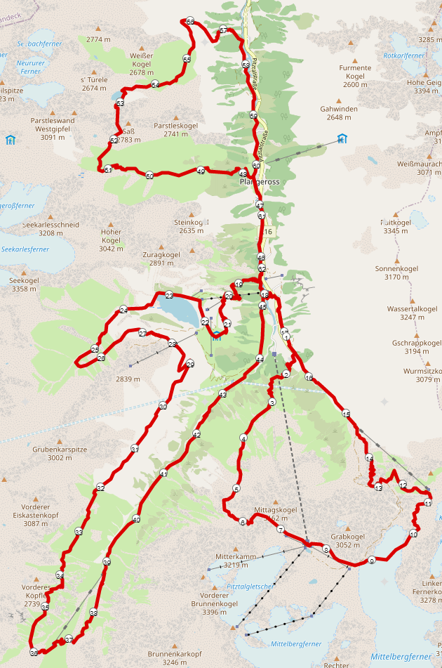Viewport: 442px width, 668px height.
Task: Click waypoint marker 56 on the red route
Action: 190,22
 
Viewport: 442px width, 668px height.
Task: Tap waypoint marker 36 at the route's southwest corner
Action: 34,653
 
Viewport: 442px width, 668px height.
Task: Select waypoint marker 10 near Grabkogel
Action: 413,535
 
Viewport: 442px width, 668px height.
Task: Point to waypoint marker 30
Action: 162,406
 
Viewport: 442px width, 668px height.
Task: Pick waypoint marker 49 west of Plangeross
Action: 201,171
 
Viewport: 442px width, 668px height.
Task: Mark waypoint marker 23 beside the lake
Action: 169,296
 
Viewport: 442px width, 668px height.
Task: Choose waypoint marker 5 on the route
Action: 236,489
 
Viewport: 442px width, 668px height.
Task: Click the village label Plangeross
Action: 259,182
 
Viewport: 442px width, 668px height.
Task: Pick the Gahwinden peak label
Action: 339,109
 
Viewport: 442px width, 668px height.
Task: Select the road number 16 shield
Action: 268,232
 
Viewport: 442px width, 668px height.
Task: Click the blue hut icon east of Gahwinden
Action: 342,138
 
